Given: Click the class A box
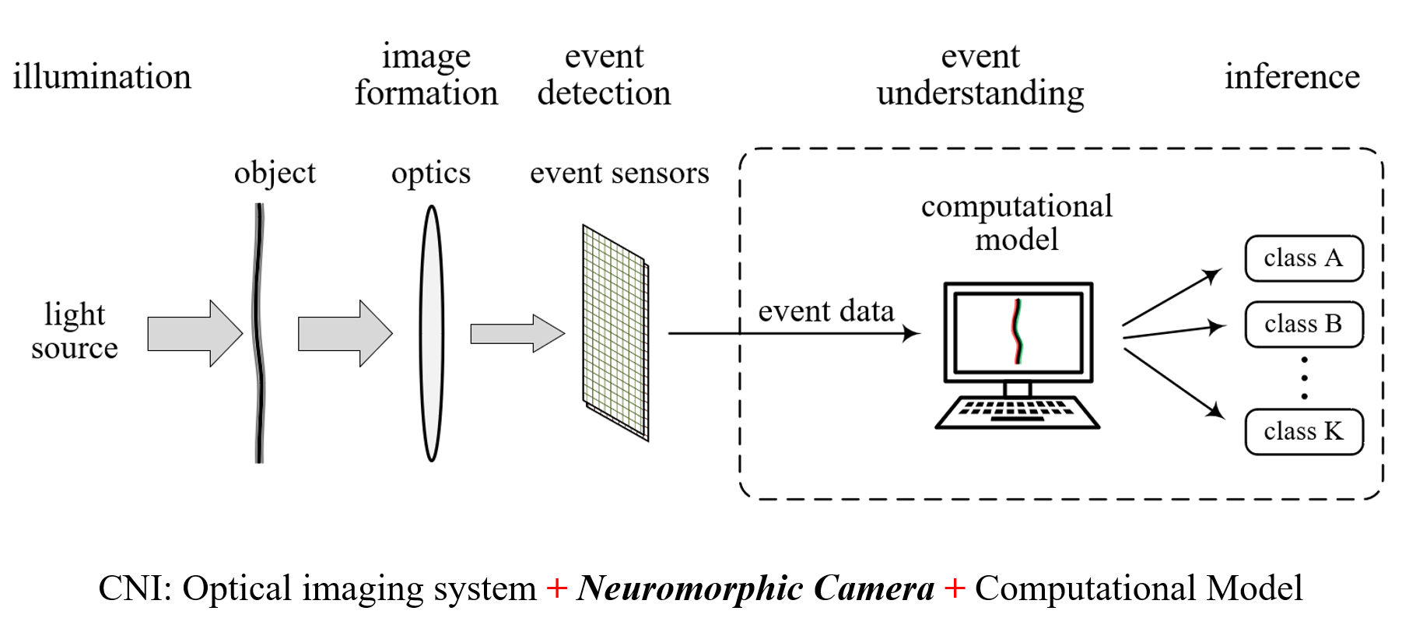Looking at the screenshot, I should coord(1303,258).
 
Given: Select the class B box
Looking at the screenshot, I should coord(1303,324).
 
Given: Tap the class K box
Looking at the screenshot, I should coord(1303,431).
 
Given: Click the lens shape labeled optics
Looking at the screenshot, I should coord(431,333).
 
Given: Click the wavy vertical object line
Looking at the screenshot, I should coord(259,333).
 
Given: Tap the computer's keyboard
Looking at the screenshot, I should coord(1017,411).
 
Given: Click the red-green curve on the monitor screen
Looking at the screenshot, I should coord(1018,332).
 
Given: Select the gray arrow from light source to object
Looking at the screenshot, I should coord(195,333).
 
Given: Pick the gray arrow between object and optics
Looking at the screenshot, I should coord(345,333).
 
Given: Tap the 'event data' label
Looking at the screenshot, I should coord(825,311).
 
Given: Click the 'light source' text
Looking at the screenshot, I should coord(75,331).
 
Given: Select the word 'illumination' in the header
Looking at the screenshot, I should coord(102,76).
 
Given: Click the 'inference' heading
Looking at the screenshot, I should coord(1292,76).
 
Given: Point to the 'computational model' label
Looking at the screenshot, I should coord(1016,223).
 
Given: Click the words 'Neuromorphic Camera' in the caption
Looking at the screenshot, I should coord(755,588).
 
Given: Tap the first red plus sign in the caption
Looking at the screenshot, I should coord(556,588).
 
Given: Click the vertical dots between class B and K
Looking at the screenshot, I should coord(1304,378).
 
